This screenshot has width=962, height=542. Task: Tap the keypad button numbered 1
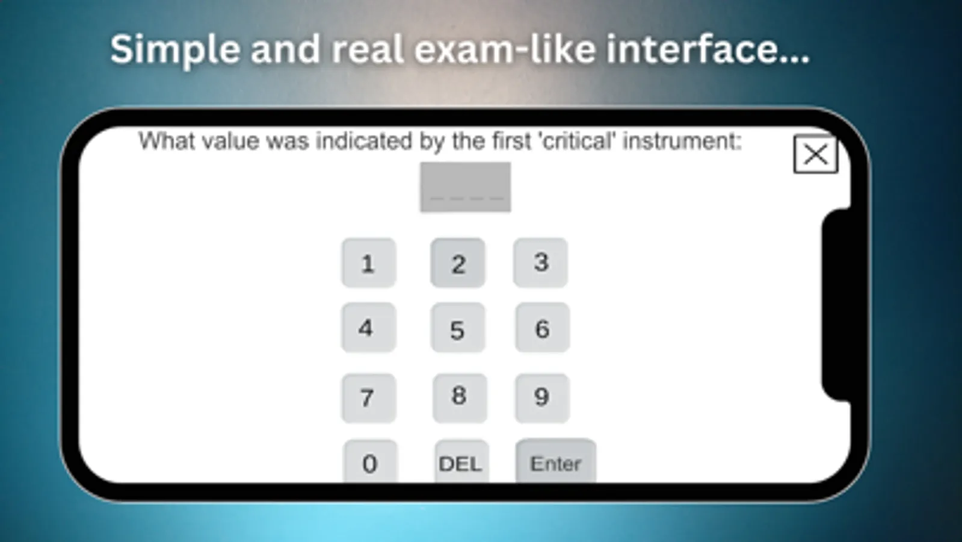pyautogui.click(x=368, y=263)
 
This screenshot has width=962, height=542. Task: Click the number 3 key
pyautogui.click(x=540, y=263)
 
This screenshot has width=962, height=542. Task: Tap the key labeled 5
pyautogui.click(x=457, y=329)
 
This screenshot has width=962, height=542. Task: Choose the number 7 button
pyautogui.click(x=368, y=397)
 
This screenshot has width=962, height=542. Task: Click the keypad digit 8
pyautogui.click(x=459, y=397)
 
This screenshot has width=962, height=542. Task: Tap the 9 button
pyautogui.click(x=541, y=397)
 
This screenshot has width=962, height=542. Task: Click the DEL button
pyautogui.click(x=461, y=463)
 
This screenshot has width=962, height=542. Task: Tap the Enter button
pyautogui.click(x=555, y=463)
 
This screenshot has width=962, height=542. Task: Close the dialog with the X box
pyautogui.click(x=815, y=155)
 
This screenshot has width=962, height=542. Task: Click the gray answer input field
pyautogui.click(x=465, y=187)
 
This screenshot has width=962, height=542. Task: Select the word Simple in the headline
pyautogui.click(x=175, y=49)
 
